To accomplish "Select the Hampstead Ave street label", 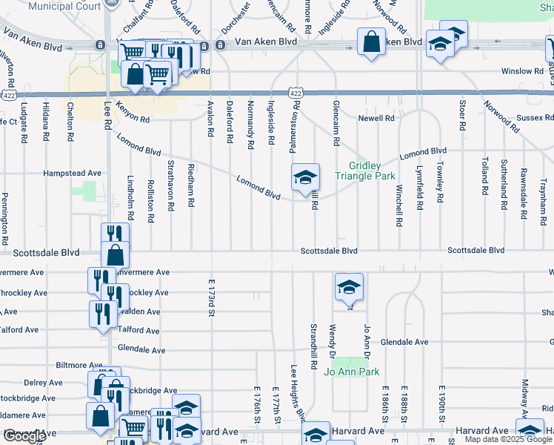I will [x=72, y=173].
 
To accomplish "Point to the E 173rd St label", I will [x=211, y=298].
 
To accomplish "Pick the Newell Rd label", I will [x=376, y=118].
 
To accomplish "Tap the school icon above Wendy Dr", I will [x=349, y=288].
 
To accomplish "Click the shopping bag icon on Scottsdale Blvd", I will [x=116, y=254].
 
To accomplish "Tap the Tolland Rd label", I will [x=484, y=171].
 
